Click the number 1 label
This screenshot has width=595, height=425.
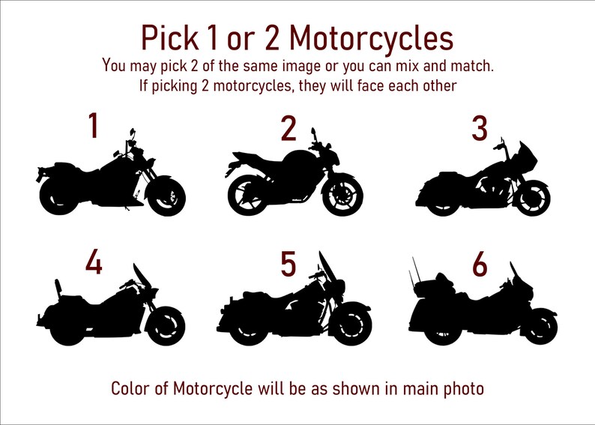tap(93, 126)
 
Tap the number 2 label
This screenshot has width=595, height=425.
tap(289, 129)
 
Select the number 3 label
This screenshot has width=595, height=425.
tap(480, 129)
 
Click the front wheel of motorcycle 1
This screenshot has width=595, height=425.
tap(166, 196)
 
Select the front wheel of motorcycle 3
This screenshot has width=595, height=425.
tap(534, 196)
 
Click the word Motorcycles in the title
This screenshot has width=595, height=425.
tap(370, 37)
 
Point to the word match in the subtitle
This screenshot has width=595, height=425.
tap(470, 65)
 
